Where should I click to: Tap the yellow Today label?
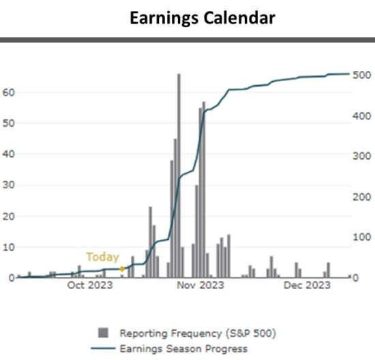(102, 257)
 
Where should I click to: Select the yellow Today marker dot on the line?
(122, 269)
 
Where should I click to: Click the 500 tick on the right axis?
(361, 75)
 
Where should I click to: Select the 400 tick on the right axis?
(361, 116)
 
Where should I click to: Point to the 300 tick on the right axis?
(361, 156)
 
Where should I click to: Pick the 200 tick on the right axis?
(361, 196)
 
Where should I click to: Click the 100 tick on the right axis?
(361, 237)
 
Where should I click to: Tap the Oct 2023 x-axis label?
(89, 286)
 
